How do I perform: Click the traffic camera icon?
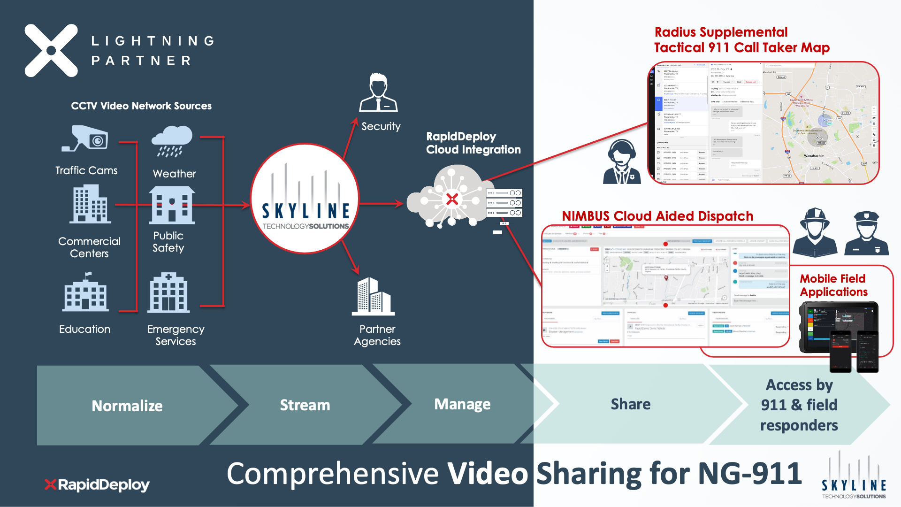85,139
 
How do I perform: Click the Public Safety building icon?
172,205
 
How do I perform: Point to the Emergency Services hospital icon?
169,293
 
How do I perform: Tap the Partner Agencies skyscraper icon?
374,296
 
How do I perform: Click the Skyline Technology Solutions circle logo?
305,199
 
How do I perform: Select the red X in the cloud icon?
452,200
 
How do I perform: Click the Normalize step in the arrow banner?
127,406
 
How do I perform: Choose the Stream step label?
305,405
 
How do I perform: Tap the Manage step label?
462,404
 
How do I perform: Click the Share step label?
630,404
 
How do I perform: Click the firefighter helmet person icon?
815,232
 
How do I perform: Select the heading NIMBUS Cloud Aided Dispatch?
657,216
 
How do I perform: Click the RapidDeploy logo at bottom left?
97,484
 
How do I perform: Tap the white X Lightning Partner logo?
51,51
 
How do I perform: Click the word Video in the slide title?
488,473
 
